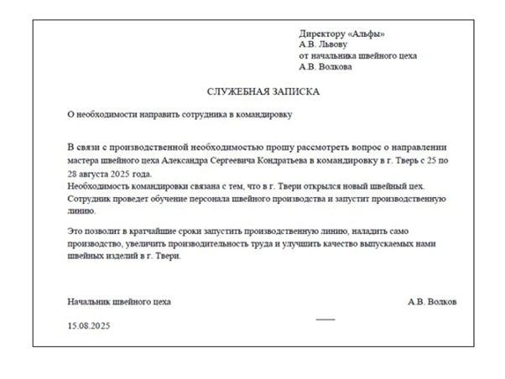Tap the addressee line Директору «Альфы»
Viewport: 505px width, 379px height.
(x=341, y=34)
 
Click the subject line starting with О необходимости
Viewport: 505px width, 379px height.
(x=180, y=112)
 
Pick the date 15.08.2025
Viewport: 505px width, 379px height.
(x=89, y=325)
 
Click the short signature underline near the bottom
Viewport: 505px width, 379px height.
(x=325, y=319)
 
